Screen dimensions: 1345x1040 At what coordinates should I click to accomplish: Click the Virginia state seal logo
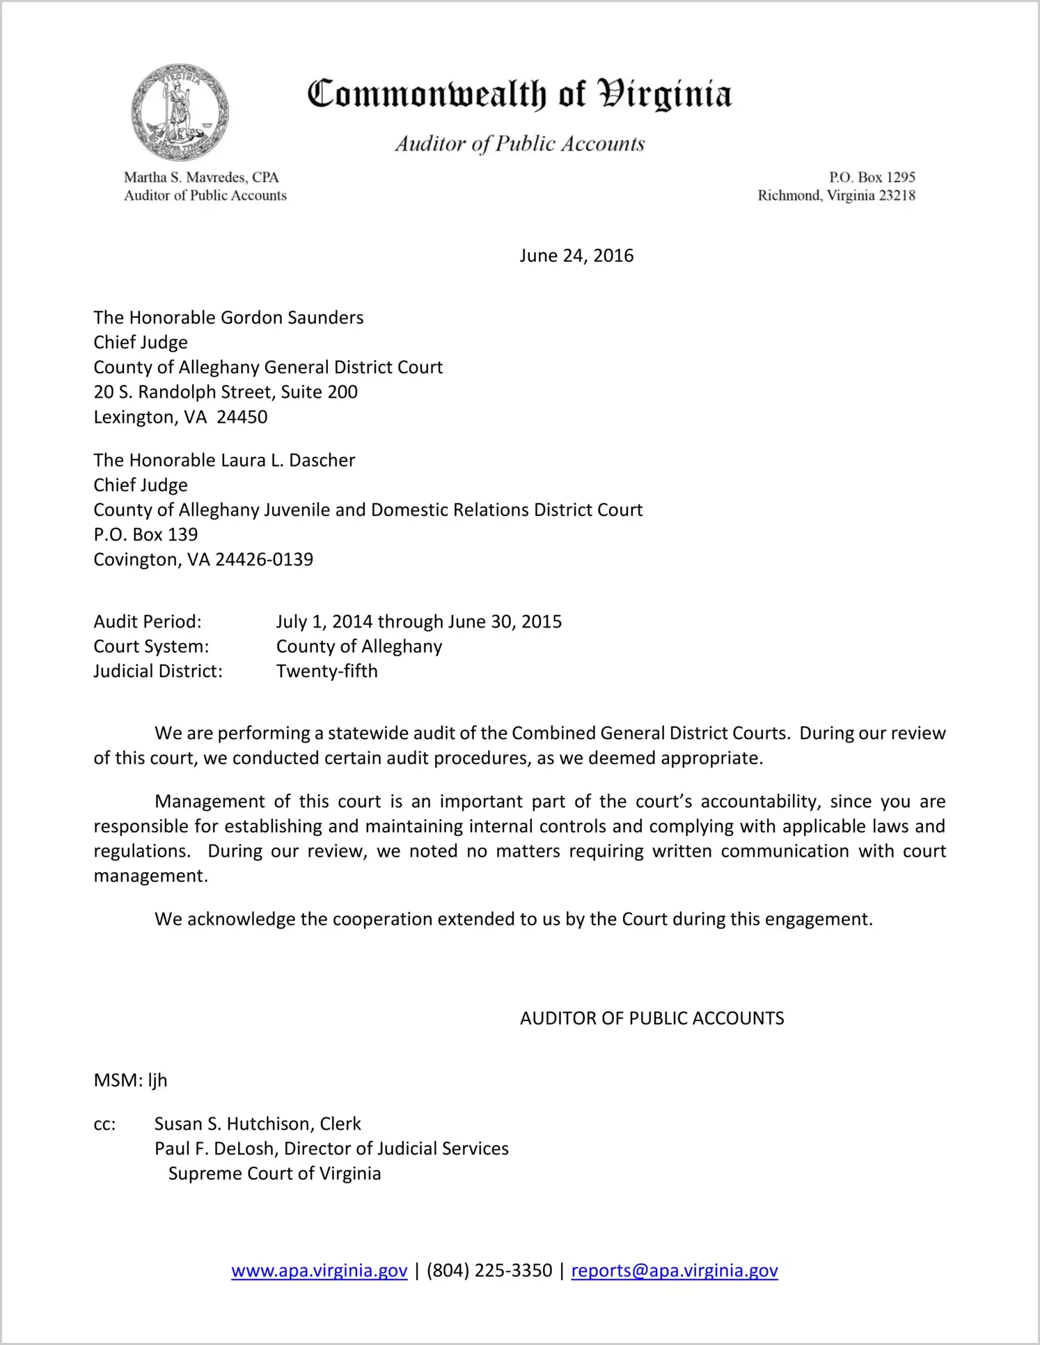[x=180, y=112]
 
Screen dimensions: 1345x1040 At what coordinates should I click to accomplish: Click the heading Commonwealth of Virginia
[x=519, y=95]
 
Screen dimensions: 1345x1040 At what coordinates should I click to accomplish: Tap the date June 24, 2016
[x=576, y=256]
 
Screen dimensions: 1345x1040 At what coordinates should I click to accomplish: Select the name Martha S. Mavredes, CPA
[x=201, y=177]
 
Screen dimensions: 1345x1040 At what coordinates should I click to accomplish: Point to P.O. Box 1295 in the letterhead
[x=872, y=177]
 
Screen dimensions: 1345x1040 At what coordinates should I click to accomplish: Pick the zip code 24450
[x=242, y=417]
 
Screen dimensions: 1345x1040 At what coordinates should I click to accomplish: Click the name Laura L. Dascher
[x=287, y=460]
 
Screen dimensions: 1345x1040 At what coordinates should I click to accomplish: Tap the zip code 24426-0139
[x=265, y=559]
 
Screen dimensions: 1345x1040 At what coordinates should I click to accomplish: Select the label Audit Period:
[x=148, y=621]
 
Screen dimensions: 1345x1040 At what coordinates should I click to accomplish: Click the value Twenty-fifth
[x=327, y=671]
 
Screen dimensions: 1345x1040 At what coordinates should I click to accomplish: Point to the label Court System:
[x=151, y=646]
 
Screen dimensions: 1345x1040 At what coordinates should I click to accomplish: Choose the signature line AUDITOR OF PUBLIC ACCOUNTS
[x=652, y=1018]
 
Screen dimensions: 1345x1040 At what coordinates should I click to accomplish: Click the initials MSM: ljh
[x=131, y=1080]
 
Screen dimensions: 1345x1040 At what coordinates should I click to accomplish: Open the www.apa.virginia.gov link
[x=319, y=1270]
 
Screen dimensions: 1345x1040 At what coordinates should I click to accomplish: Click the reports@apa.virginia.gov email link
[x=674, y=1270]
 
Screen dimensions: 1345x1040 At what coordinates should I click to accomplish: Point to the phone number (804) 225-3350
[x=489, y=1270]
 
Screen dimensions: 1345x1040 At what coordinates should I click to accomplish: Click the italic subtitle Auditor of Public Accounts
[x=520, y=143]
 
